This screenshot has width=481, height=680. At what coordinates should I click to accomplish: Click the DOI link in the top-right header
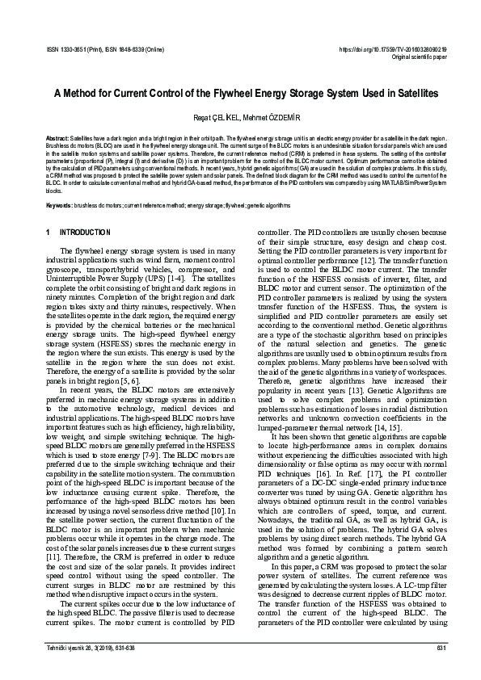(397, 50)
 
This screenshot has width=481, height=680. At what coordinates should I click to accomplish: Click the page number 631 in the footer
(441, 649)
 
